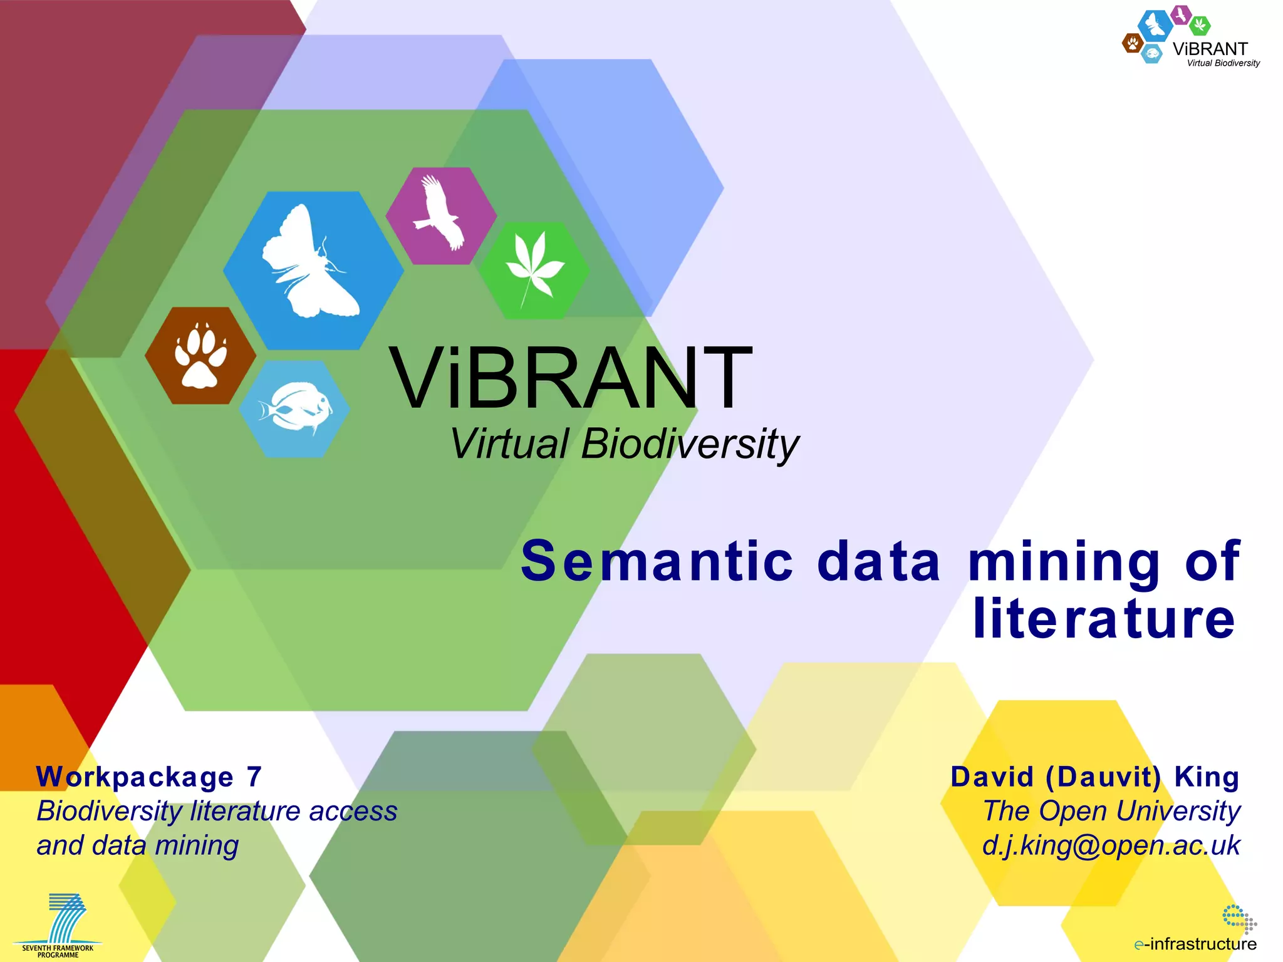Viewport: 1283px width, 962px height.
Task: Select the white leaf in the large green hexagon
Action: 534,266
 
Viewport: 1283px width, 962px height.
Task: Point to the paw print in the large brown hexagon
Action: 200,356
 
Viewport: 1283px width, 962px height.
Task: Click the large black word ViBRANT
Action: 570,379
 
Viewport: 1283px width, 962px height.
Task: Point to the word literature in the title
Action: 1104,619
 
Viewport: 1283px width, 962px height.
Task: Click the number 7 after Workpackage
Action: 254,777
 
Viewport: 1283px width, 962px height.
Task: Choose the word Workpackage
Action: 135,777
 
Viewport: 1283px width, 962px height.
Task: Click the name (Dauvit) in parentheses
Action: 1103,777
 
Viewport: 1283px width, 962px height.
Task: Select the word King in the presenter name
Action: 1207,777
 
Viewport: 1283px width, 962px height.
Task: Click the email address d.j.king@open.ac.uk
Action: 1111,846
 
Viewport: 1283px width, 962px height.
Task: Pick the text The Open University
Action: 1111,811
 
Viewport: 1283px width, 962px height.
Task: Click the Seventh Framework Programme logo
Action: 58,925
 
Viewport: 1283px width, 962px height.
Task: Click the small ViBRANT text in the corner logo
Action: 1210,49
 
